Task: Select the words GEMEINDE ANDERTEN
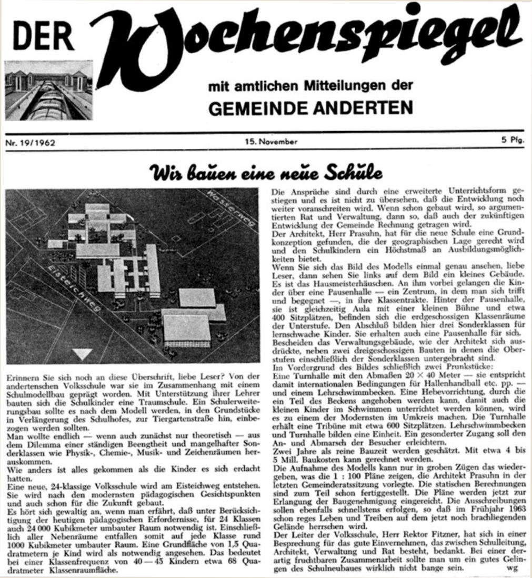point(310,107)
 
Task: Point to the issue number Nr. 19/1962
point(31,142)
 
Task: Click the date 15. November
point(270,141)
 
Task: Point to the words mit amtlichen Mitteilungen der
point(310,86)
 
